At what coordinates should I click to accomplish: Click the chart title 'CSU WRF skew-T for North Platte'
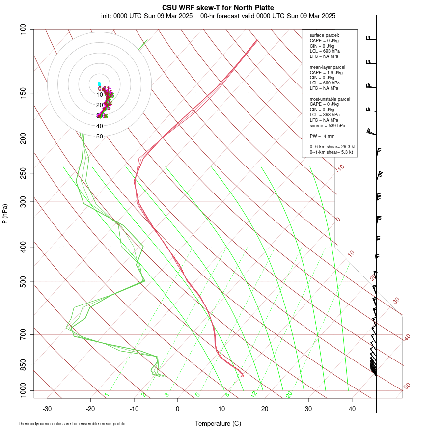[218, 8]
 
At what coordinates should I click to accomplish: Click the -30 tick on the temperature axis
[47, 409]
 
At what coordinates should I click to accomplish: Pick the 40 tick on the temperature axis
[352, 409]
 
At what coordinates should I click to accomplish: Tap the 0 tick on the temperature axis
[178, 409]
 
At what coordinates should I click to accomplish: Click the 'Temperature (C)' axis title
[218, 424]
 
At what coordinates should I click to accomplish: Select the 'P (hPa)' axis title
[5, 214]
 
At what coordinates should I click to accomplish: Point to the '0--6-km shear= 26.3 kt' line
[332, 147]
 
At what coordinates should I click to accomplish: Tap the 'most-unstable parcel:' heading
[331, 99]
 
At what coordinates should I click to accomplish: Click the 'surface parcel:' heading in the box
[325, 35]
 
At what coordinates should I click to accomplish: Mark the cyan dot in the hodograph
[99, 84]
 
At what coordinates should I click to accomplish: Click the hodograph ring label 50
[100, 137]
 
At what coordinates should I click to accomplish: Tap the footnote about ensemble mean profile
[72, 424]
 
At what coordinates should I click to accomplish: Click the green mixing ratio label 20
[289, 394]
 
